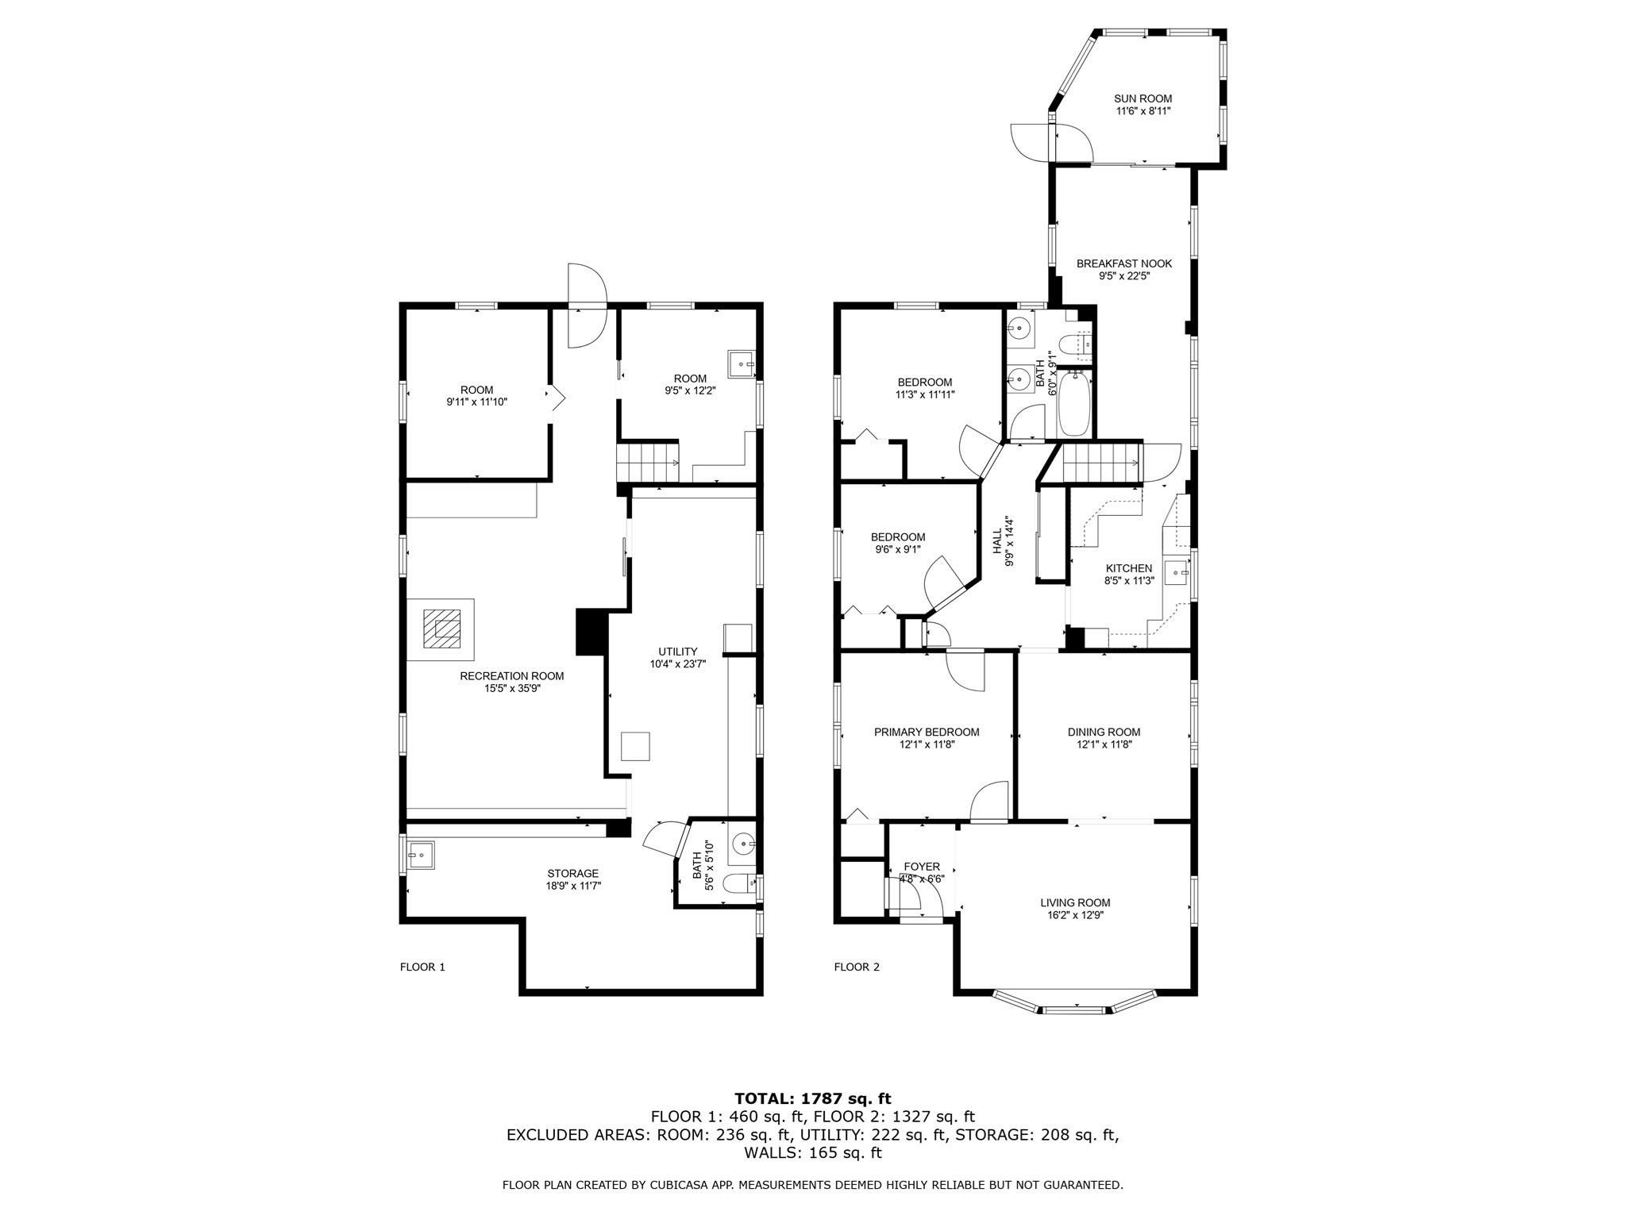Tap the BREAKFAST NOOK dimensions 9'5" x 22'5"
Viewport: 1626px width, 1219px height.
tap(1123, 276)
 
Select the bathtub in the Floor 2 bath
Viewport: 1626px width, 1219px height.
tap(1075, 405)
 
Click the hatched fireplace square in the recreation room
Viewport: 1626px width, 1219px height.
tap(441, 629)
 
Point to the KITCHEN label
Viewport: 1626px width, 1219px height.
tap(1128, 568)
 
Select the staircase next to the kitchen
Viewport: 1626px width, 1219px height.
tap(1100, 463)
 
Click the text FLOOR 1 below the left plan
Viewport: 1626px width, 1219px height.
tap(422, 967)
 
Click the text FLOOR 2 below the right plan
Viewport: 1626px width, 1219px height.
tap(857, 967)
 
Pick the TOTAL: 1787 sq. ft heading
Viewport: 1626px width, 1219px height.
tap(812, 1098)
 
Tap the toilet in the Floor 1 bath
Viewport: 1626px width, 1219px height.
tap(742, 883)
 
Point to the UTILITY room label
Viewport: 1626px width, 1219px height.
tap(677, 651)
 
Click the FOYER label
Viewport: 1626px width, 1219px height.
tap(921, 867)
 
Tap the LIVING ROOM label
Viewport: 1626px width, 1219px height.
tap(1075, 902)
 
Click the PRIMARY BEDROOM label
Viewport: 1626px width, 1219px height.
tap(926, 732)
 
